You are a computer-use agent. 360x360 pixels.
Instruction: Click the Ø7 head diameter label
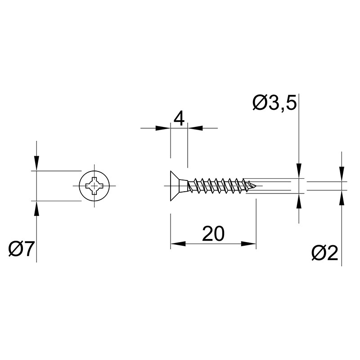(x=21, y=249)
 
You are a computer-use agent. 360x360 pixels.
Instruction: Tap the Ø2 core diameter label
(x=325, y=253)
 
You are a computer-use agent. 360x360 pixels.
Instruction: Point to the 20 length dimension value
(x=213, y=234)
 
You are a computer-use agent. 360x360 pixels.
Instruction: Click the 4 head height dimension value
(x=179, y=119)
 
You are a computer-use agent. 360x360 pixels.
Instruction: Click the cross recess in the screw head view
(x=94, y=185)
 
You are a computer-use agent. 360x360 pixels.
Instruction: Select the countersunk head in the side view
(x=179, y=186)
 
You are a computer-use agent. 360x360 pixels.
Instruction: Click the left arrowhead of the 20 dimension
(x=178, y=243)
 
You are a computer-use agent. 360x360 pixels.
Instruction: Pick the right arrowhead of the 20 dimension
(x=249, y=243)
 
